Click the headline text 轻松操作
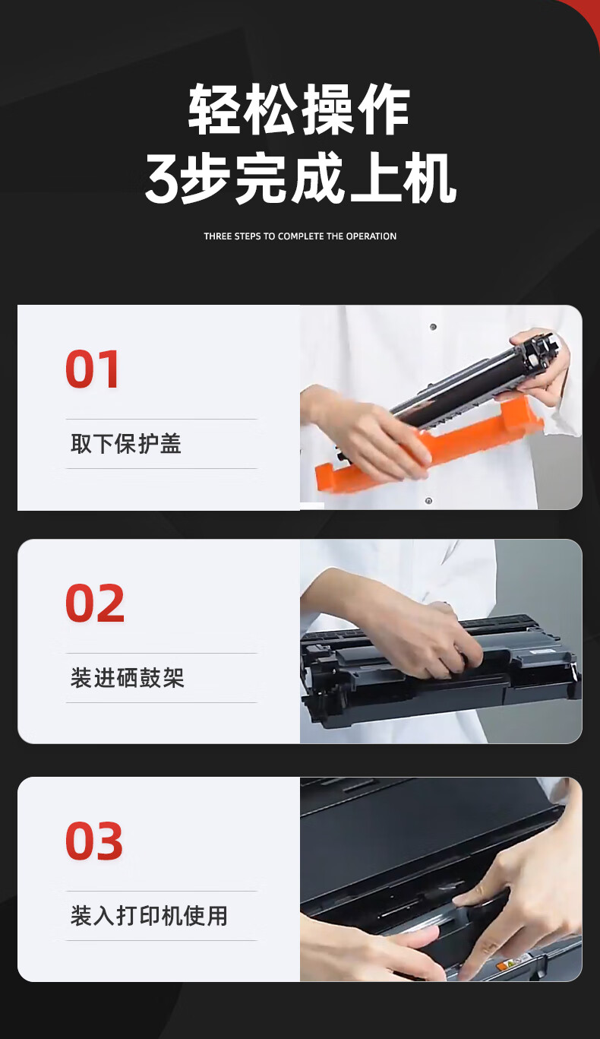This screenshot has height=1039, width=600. (x=298, y=109)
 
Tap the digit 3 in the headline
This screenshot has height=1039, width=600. (x=162, y=179)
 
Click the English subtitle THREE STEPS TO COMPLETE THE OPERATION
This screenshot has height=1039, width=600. (x=300, y=236)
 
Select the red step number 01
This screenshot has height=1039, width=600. (x=92, y=369)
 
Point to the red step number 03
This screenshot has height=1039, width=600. (x=94, y=841)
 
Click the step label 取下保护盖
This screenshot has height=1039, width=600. (x=125, y=443)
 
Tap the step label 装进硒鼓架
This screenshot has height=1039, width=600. (x=127, y=678)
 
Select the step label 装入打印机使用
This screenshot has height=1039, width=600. (x=149, y=916)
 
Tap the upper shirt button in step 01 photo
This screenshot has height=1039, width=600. (x=433, y=327)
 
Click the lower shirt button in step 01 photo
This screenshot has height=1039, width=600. (x=428, y=501)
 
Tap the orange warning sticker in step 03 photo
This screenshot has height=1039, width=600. (x=504, y=966)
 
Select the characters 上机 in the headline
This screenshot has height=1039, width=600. (x=403, y=179)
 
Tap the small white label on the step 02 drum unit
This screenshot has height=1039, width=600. (x=538, y=651)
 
